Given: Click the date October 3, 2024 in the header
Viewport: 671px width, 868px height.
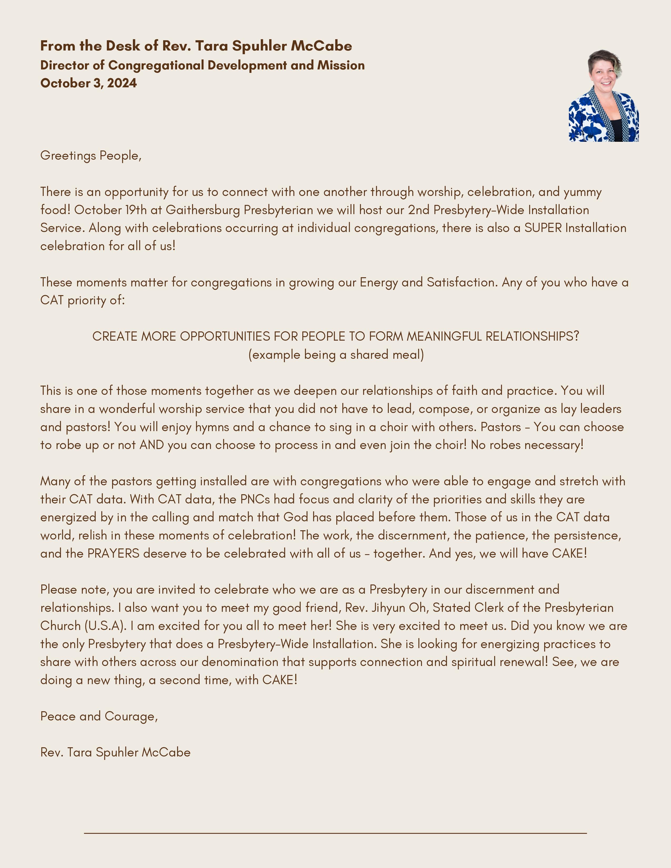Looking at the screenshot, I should click(88, 83).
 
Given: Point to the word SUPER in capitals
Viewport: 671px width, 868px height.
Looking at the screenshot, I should click(543, 228).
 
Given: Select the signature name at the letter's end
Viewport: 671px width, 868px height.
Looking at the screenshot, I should click(115, 752).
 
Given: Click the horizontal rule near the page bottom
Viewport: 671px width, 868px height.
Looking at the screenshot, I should click(335, 833).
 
